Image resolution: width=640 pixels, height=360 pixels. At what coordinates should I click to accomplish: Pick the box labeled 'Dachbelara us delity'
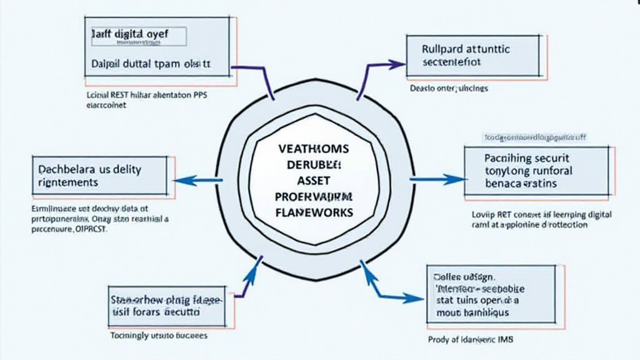(99, 175)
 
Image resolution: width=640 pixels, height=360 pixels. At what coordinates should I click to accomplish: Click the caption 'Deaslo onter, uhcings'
(449, 89)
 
